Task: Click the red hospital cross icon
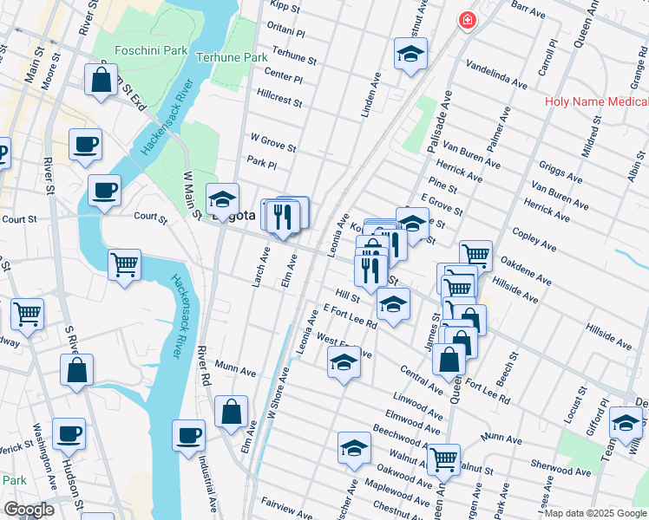pos(468,19)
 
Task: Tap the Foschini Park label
pos(152,50)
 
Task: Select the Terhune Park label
pos(231,57)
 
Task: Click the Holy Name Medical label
pos(596,101)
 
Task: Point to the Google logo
pos(28,510)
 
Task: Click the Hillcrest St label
pos(279,97)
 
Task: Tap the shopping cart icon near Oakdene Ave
pos(475,255)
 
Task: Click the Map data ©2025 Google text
pos(594,513)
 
